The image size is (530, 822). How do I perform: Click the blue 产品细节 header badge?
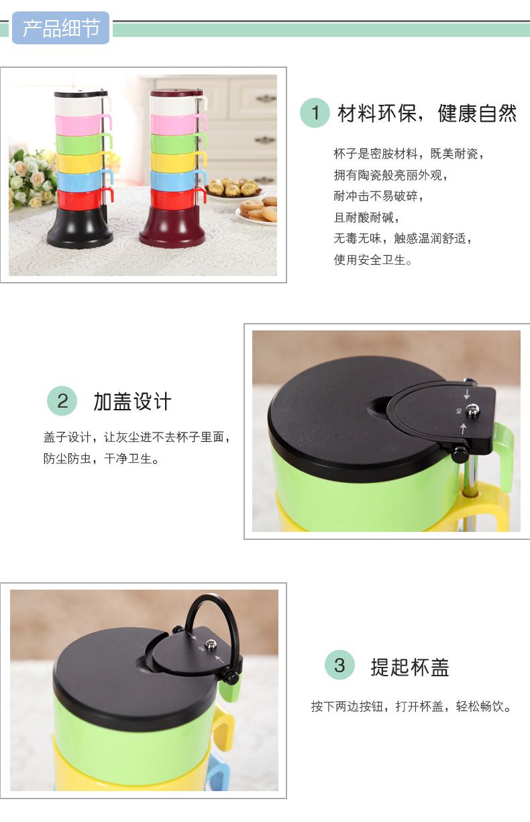61,28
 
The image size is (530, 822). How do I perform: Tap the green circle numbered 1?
315,113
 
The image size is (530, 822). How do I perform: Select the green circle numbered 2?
62,400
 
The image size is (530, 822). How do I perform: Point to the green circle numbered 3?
339,665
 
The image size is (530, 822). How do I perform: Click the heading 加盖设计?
132,401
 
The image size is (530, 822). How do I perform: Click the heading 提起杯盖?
409,666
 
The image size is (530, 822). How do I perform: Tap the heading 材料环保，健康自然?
427,113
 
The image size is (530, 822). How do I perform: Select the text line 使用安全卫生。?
373,260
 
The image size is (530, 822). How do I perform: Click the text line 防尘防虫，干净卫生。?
101,458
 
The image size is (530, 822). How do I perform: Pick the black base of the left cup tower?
80,227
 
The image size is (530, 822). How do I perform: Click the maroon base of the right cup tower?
172,226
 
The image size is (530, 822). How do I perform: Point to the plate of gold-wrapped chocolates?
235,188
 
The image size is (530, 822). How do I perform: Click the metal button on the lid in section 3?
210,643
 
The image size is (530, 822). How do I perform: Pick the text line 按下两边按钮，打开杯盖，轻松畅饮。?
411,706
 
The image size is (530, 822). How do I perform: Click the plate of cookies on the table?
258,211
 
